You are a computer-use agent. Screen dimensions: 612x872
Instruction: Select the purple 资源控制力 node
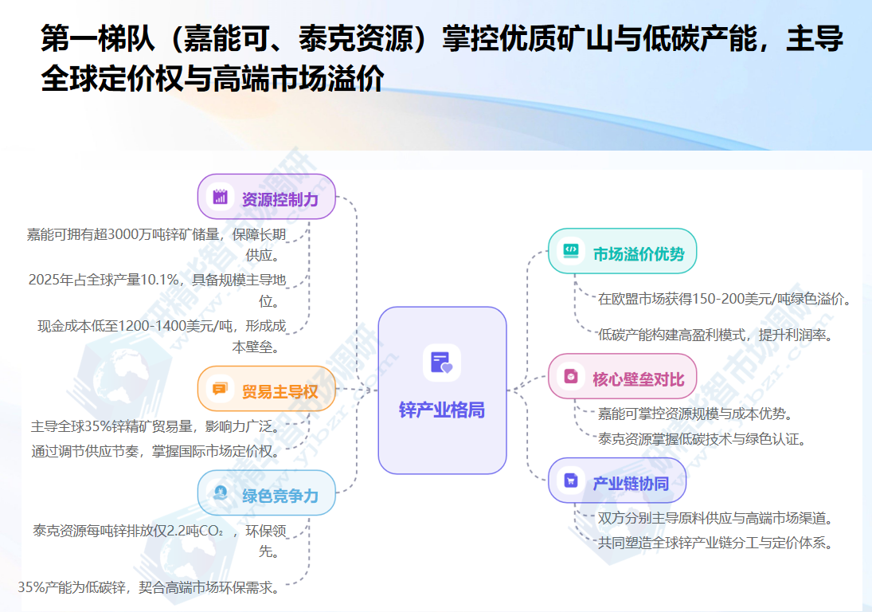(x=267, y=198)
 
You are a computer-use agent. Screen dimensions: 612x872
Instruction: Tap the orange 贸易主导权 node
(x=267, y=390)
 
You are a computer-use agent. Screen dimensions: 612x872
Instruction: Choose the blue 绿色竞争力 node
(x=267, y=495)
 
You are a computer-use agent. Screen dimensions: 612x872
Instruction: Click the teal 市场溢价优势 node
(x=623, y=253)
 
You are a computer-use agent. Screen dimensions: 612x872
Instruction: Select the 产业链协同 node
(x=617, y=482)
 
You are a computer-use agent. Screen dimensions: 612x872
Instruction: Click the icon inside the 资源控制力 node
(x=220, y=198)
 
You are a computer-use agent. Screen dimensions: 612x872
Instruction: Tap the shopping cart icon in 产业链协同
(x=571, y=481)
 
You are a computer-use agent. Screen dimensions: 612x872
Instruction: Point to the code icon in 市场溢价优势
(x=571, y=251)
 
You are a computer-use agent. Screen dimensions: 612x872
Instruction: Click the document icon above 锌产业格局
(x=441, y=363)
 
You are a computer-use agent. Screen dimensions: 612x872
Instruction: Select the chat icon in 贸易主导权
(x=220, y=390)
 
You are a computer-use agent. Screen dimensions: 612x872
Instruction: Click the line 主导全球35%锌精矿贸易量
(x=155, y=426)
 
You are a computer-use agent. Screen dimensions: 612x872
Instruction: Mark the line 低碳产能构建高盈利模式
(x=714, y=335)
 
